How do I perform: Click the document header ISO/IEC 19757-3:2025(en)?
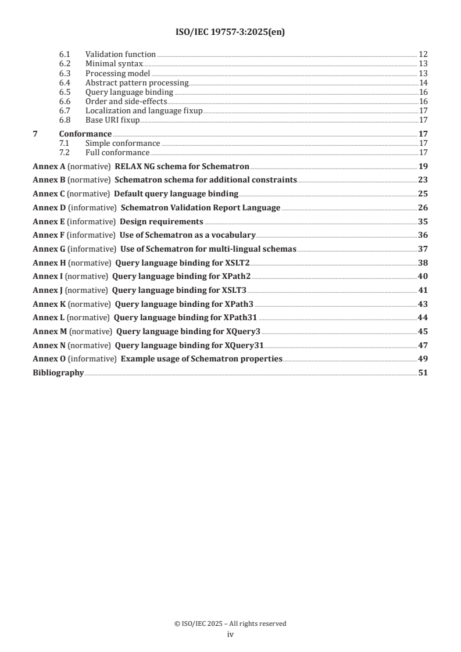(230, 33)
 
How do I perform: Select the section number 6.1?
(65, 54)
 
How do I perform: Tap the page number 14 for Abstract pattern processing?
(423, 83)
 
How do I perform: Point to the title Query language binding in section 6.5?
(129, 92)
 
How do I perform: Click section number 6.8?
(65, 120)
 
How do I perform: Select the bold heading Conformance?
(85, 134)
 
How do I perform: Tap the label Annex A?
(49, 166)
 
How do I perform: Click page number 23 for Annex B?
(423, 180)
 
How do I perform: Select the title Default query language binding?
(176, 194)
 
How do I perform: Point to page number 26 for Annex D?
(423, 207)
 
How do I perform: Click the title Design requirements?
(162, 221)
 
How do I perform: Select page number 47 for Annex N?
(423, 345)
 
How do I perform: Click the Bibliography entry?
(58, 372)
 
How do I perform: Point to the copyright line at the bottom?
(230, 624)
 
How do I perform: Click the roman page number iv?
(230, 635)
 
